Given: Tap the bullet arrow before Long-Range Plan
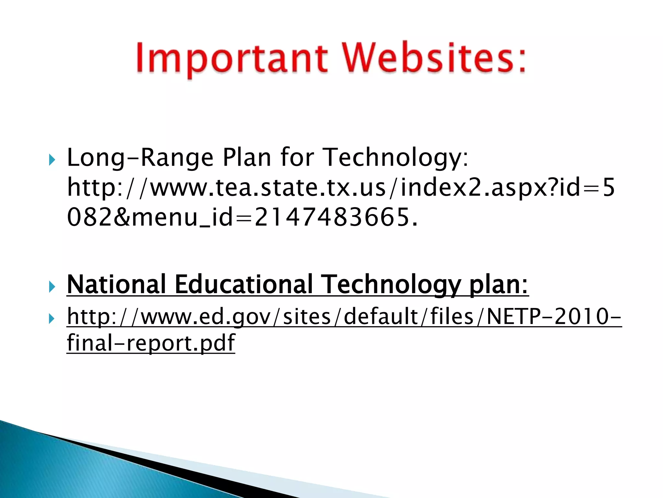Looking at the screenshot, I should tap(52, 160).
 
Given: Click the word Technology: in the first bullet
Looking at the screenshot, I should tap(396, 158).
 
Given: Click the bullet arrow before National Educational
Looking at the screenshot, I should tap(52, 287).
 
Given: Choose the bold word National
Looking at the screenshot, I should tap(117, 285).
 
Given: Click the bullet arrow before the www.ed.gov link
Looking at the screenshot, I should tap(52, 319).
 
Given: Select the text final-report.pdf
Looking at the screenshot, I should tap(151, 343).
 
